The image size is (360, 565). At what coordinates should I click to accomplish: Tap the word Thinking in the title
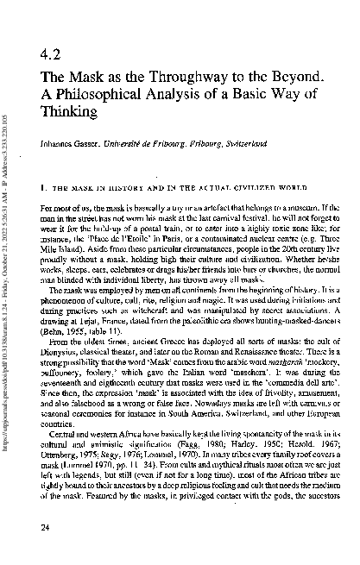[67, 112]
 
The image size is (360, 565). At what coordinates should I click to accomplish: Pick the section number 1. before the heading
[43, 185]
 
